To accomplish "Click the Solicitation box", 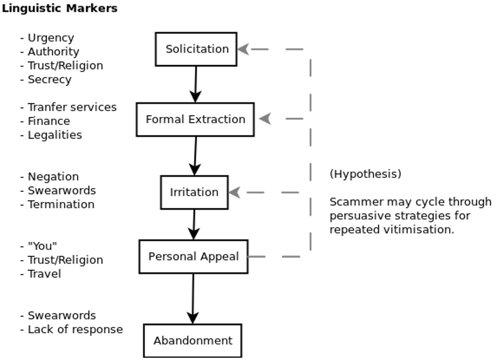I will [196, 49].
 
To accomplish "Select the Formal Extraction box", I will [195, 119].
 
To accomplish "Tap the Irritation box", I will [194, 192].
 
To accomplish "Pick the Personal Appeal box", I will [193, 257].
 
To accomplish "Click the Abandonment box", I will [193, 341].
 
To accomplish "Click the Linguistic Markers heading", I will [59, 9].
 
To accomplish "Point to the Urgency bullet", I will [50, 38].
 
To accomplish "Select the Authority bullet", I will [53, 51].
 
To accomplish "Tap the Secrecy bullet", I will [49, 79].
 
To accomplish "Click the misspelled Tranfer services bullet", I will [71, 107].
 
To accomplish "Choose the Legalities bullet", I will [54, 135].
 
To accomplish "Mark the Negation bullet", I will [53, 177].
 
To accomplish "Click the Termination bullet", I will [60, 204].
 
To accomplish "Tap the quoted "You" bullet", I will [42, 246].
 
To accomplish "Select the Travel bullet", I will [44, 274].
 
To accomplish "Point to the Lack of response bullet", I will [75, 329].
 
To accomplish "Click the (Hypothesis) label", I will [365, 174].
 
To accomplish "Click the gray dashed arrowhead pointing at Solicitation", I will [243, 50].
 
